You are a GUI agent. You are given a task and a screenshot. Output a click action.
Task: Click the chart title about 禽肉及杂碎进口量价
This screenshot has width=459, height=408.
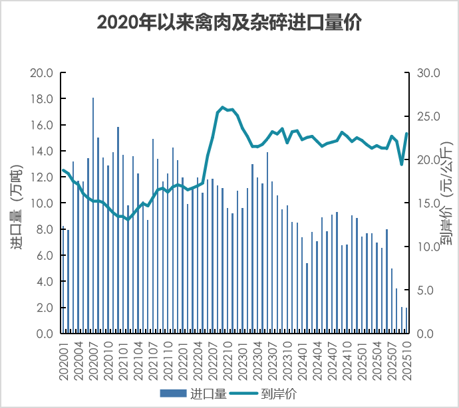[x=229, y=23]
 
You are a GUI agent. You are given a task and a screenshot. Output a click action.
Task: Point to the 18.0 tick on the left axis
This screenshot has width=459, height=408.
[x=42, y=99]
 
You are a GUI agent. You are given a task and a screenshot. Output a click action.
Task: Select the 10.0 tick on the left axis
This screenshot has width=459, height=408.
[x=42, y=203]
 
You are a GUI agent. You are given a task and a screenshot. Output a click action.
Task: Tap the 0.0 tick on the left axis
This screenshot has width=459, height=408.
[x=45, y=334]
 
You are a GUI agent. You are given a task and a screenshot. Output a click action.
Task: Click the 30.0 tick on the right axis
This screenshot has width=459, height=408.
[x=426, y=73]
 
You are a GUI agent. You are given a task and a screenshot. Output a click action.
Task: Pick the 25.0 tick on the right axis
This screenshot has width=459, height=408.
[x=426, y=117]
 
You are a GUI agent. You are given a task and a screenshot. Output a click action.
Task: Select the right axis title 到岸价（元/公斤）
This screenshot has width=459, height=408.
[x=445, y=203]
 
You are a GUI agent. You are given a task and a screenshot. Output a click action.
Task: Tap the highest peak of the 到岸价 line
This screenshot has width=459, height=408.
[x=222, y=107]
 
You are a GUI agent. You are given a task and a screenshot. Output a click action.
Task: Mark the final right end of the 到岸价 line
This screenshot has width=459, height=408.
[x=406, y=134]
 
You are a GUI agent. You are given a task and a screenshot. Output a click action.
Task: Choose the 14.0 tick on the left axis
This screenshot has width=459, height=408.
[x=42, y=152]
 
